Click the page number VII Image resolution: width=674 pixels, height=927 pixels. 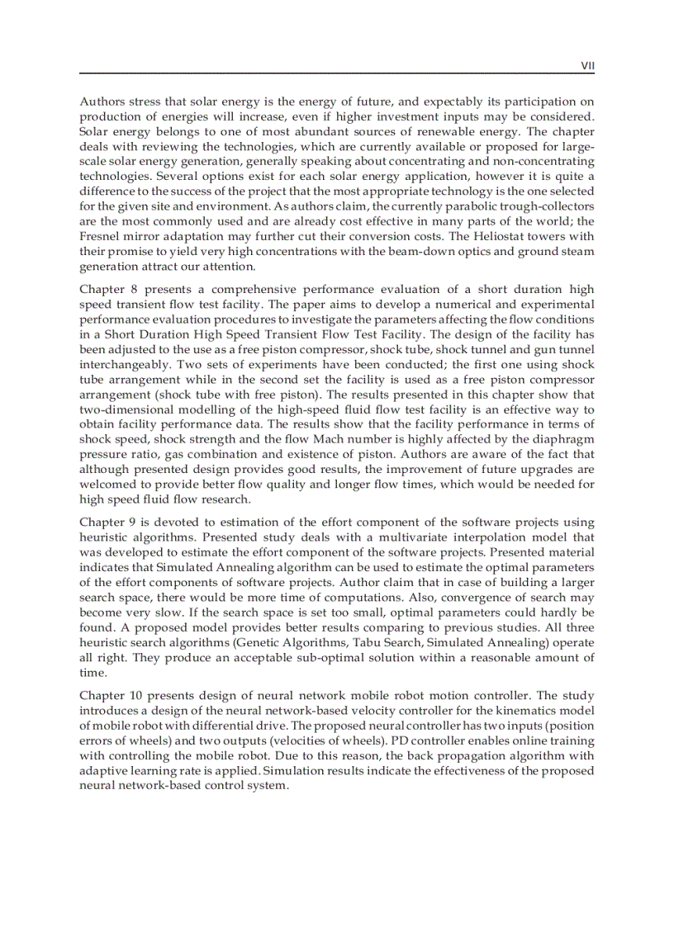[x=587, y=64]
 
